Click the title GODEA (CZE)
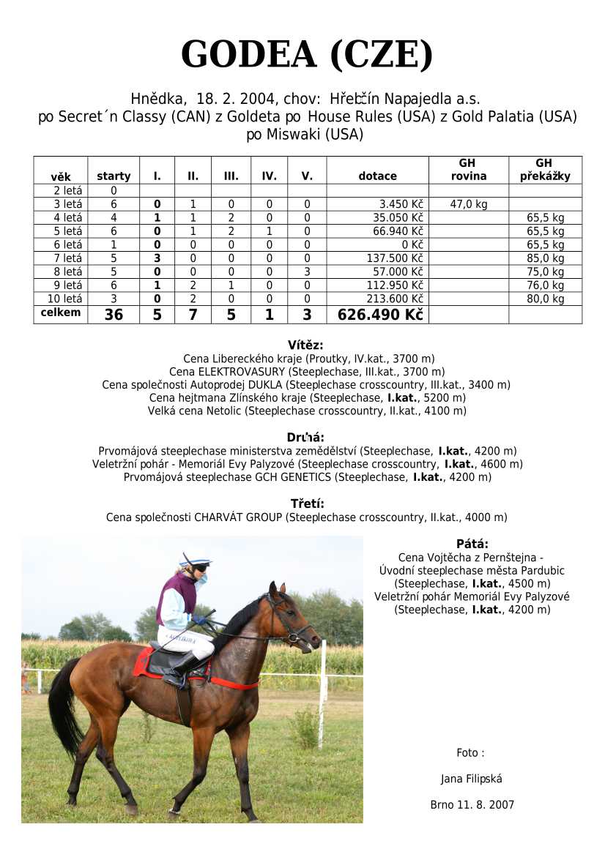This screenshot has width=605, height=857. (x=307, y=55)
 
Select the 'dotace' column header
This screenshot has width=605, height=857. (x=377, y=176)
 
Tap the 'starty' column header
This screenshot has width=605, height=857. (x=114, y=176)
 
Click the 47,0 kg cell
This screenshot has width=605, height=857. (x=469, y=204)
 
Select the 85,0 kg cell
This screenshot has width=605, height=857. (x=546, y=258)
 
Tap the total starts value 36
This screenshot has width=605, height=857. (x=114, y=315)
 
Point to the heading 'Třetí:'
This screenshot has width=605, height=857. (x=307, y=504)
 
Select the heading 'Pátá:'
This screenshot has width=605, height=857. (x=472, y=544)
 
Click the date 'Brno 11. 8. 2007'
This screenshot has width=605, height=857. (x=472, y=805)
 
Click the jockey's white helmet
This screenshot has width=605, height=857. (x=195, y=561)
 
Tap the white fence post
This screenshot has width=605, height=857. (x=322, y=695)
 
